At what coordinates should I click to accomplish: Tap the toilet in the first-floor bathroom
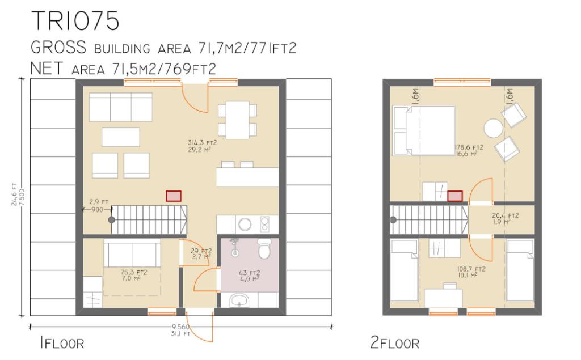[263, 248]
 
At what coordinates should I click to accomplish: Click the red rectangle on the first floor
[174, 196]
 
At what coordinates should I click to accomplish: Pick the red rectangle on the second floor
[454, 196]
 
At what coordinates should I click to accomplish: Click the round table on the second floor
[492, 128]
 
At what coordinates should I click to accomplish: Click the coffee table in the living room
[120, 137]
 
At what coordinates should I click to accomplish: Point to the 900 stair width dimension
[96, 210]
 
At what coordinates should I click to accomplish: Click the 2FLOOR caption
[394, 343]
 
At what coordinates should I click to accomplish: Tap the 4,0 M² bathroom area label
[250, 279]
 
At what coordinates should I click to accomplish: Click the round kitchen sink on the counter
[245, 224]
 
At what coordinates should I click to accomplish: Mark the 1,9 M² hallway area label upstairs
[504, 222]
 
